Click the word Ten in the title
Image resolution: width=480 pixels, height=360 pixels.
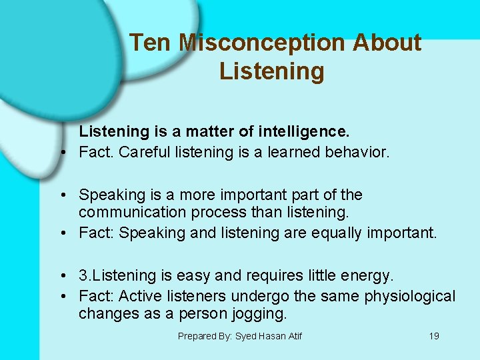[x=151, y=43]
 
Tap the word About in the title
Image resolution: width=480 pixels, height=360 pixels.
[x=387, y=43]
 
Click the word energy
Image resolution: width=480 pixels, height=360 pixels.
[x=368, y=275]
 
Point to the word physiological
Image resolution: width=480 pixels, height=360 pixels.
[x=409, y=295]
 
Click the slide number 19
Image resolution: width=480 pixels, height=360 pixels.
[x=434, y=336]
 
